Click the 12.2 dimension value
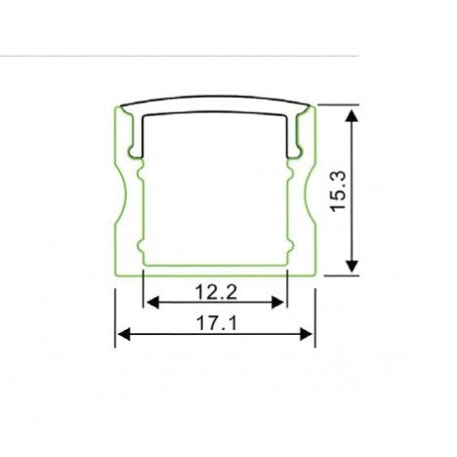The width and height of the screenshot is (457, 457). click(216, 290)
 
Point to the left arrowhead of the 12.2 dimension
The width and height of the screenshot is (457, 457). click(150, 302)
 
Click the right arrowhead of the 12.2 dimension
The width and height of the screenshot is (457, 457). click(282, 302)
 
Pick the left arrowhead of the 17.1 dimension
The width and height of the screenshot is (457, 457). click(122, 335)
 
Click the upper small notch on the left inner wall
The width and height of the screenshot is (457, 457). click(142, 179)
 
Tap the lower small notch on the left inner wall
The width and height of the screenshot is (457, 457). click(142, 244)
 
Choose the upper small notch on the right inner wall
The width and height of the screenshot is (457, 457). click(290, 179)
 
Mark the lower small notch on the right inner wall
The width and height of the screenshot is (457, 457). click(290, 244)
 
